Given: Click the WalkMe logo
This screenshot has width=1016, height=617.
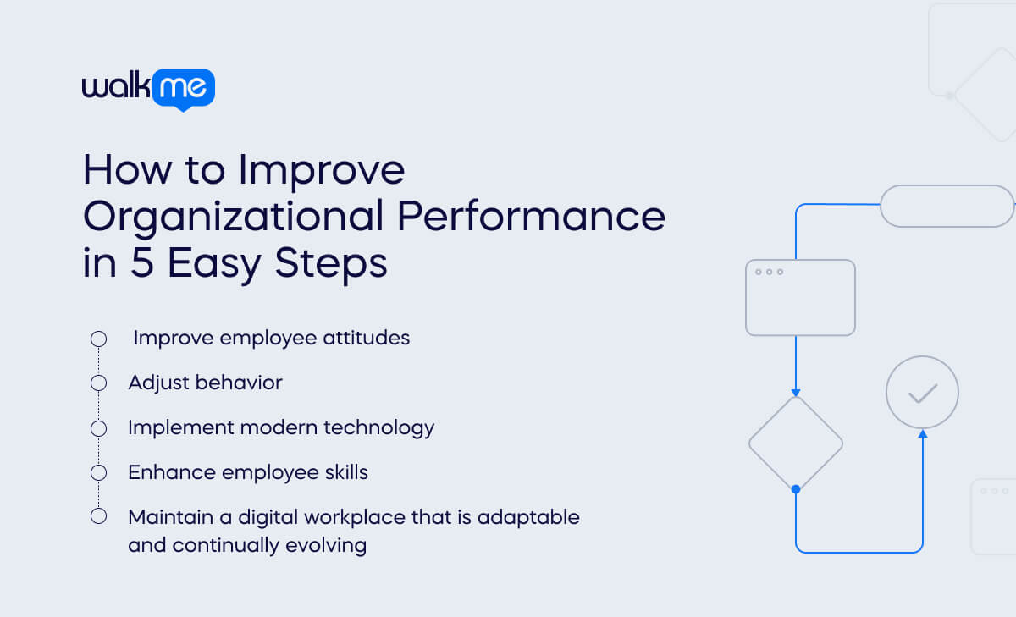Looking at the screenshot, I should coord(148,88).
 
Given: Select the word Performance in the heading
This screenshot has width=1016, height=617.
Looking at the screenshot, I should coord(531,216).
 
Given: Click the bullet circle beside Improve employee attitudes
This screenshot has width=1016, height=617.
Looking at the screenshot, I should coord(98,339).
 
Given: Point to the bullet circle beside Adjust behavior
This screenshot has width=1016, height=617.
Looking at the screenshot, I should coord(98,383).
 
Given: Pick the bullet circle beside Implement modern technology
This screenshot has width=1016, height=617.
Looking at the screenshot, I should coord(98,427).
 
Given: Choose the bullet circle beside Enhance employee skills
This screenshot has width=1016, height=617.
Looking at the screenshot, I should coord(98,472).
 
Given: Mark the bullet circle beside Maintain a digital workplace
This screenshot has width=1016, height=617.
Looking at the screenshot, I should coord(98,516).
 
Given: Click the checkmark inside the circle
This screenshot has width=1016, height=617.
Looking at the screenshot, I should coord(922,393).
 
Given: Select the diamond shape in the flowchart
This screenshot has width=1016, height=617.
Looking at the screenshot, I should coord(796,443).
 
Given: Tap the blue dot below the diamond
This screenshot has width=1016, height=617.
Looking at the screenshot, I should coord(796,489).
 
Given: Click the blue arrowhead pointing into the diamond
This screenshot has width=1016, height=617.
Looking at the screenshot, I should coord(796,392).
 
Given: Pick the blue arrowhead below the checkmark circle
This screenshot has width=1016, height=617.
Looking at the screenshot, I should coord(922,434).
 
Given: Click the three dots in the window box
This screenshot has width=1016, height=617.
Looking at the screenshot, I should coord(769,272).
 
